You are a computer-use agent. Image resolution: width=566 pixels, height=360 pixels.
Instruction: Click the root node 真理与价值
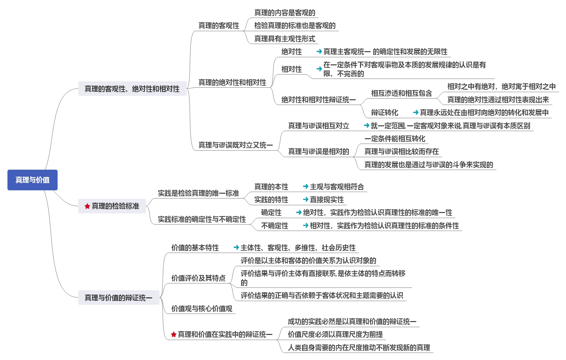click(33, 180)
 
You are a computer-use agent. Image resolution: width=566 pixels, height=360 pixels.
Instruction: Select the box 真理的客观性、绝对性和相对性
click(132, 89)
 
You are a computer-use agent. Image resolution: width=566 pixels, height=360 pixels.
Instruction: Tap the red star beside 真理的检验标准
click(87, 206)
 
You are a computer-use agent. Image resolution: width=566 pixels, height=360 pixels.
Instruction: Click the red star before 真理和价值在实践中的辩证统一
click(174, 335)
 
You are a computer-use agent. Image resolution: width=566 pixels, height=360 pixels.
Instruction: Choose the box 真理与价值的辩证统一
click(119, 298)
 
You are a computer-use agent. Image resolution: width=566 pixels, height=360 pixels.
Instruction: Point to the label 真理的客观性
click(218, 26)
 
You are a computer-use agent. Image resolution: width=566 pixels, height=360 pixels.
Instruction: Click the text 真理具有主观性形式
click(285, 39)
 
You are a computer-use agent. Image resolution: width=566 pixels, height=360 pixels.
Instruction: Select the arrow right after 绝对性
click(319, 52)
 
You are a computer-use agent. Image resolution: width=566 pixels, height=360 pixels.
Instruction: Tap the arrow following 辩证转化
click(416, 112)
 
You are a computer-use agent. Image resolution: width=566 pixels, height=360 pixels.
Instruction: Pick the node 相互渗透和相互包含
click(401, 93)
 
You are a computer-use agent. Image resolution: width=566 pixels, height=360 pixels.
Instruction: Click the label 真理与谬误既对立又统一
click(235, 145)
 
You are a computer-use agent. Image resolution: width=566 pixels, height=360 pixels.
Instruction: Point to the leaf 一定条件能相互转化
click(395, 139)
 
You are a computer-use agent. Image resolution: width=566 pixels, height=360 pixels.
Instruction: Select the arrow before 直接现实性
click(306, 199)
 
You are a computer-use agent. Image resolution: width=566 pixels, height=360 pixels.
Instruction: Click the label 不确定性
click(274, 226)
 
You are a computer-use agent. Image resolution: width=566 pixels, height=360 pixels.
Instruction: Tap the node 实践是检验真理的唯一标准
click(198, 193)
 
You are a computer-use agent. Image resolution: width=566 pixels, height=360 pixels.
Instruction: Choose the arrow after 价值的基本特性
click(236, 248)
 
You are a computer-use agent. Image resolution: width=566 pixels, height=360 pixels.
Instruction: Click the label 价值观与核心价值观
click(202, 309)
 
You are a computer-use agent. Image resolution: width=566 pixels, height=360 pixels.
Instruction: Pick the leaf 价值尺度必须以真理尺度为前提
click(335, 335)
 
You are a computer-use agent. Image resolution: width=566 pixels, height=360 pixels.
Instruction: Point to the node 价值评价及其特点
click(198, 278)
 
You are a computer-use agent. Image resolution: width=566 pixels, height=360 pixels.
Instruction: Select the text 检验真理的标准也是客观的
click(295, 26)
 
